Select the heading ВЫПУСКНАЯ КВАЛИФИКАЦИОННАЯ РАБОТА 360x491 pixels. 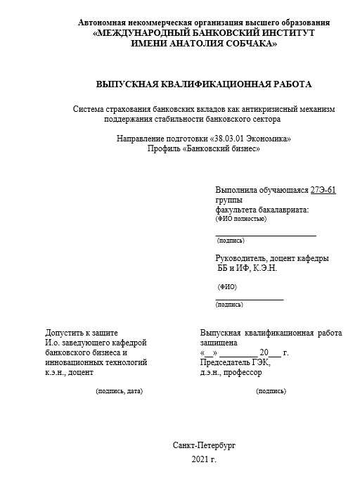203,84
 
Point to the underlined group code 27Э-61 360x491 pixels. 323,190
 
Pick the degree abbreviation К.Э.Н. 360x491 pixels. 264,268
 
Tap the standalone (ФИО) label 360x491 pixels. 227,287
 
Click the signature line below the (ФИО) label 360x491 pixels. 249,300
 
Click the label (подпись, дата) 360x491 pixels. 119,390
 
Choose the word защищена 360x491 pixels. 219,343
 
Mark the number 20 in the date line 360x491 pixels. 264,353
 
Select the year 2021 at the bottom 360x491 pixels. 200,459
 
